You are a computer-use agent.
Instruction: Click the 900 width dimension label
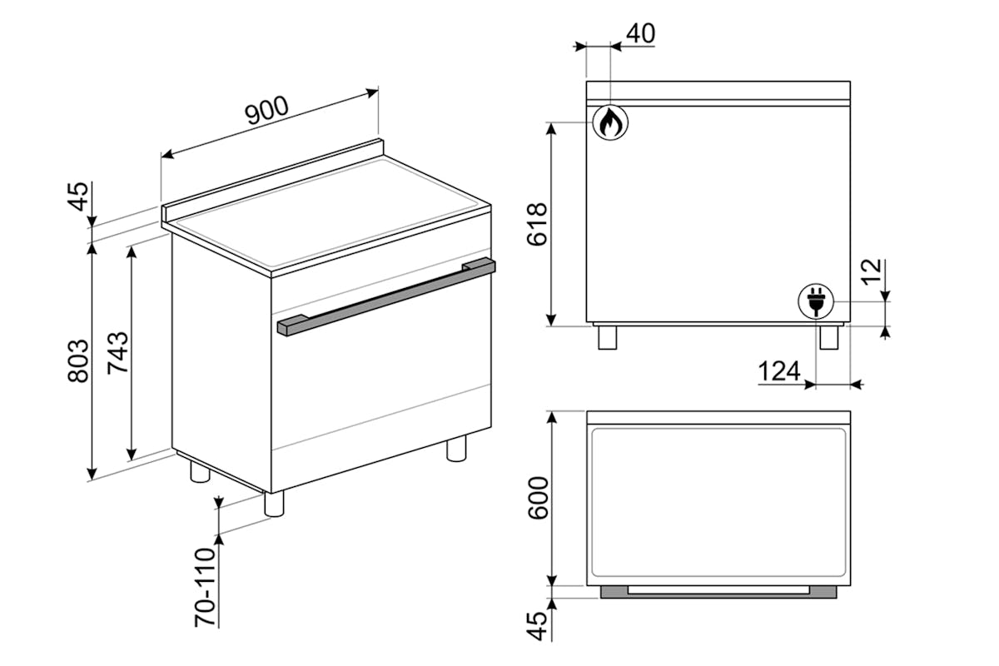pos(267,110)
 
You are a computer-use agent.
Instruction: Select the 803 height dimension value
pos(78,360)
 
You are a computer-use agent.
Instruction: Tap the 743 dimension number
pos(117,352)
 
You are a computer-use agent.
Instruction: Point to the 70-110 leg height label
pos(205,587)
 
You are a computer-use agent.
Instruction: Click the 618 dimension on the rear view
pos(537,224)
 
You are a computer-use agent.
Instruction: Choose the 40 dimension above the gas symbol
pos(640,33)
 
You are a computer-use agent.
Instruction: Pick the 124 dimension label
pos(779,371)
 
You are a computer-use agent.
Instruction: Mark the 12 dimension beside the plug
pos(871,271)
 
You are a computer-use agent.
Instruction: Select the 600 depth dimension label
pos(538,498)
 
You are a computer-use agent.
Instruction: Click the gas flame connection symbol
pos(610,122)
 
